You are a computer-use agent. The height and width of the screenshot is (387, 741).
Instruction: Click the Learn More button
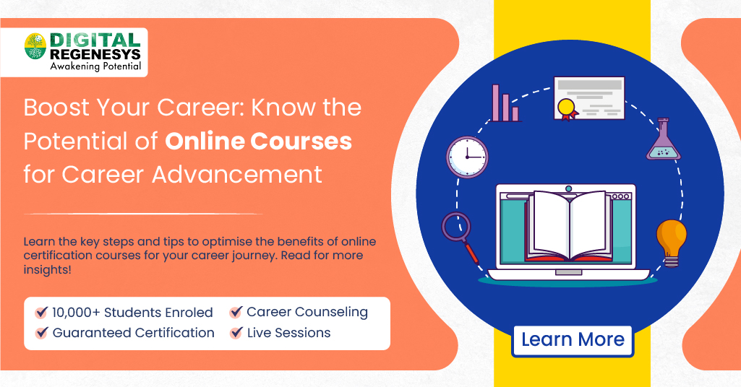[573, 340]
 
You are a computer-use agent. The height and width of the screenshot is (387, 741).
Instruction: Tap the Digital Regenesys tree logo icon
[35, 47]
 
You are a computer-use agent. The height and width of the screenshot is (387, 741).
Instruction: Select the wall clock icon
[466, 156]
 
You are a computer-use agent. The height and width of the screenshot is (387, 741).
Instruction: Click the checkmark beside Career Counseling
[236, 313]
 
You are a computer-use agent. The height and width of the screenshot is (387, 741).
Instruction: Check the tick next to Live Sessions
[236, 333]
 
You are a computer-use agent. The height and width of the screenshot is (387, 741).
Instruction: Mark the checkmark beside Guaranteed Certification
[41, 333]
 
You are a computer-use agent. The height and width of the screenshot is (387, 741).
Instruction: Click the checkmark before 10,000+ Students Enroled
[41, 313]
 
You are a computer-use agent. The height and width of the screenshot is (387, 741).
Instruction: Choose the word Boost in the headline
[56, 108]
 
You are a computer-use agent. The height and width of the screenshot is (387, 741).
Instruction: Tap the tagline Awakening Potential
[95, 66]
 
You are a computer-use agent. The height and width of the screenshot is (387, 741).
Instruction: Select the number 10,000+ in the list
[76, 313]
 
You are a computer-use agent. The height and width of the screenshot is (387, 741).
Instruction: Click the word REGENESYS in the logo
[95, 54]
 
